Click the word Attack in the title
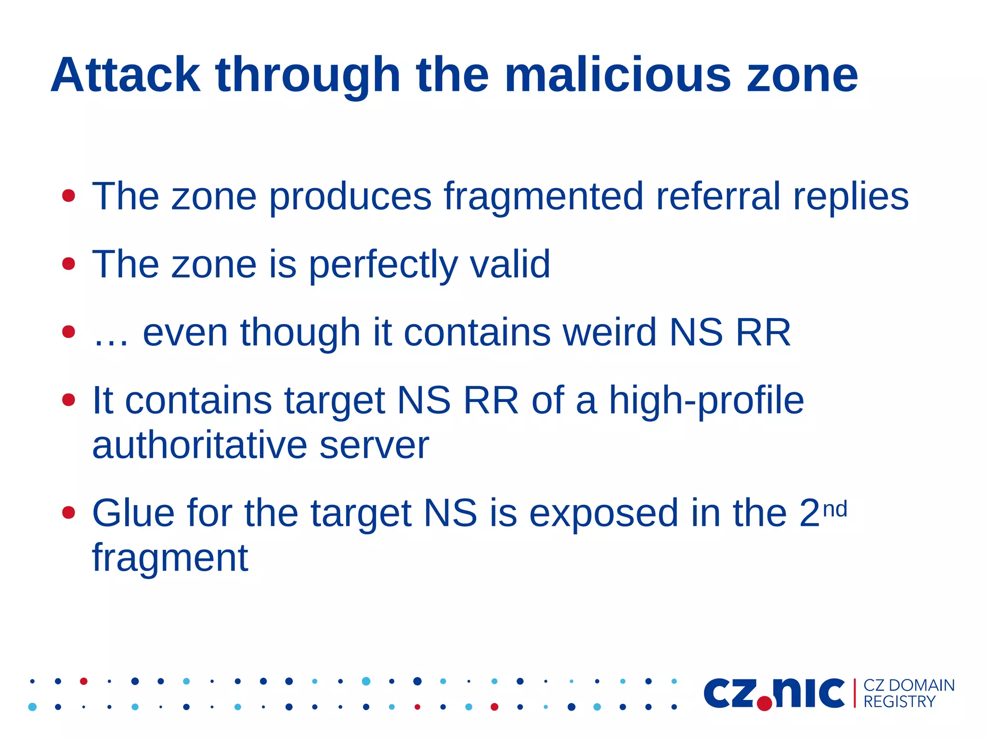125,75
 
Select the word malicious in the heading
618,75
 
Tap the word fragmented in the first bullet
544,196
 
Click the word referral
718,196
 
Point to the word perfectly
383,265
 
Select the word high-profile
706,401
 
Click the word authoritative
199,445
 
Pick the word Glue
133,513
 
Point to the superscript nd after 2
835,509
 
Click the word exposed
604,513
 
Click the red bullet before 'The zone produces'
69,195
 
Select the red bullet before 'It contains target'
69,400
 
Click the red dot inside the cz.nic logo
764,704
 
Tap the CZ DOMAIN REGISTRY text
908,693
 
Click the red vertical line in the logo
855,693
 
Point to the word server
374,445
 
